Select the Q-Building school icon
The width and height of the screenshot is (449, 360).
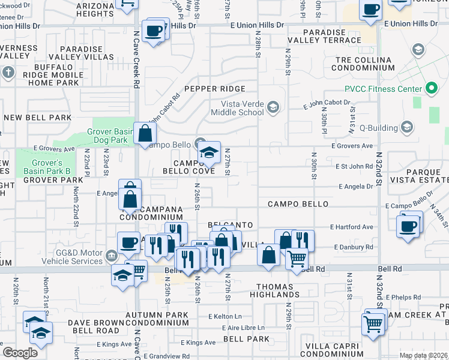point(407,127)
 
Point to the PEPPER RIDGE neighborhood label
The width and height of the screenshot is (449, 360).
point(215,89)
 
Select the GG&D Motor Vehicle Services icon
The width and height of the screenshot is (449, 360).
point(112,257)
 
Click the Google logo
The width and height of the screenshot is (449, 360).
point(20,353)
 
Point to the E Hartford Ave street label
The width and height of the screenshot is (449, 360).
point(352,227)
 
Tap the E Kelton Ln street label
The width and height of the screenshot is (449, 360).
point(225,316)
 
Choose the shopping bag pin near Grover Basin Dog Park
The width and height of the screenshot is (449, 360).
point(145,134)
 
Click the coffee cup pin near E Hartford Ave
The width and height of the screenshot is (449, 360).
point(408,226)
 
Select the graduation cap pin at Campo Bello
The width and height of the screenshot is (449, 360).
point(209,152)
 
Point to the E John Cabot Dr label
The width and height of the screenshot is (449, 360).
point(327,104)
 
